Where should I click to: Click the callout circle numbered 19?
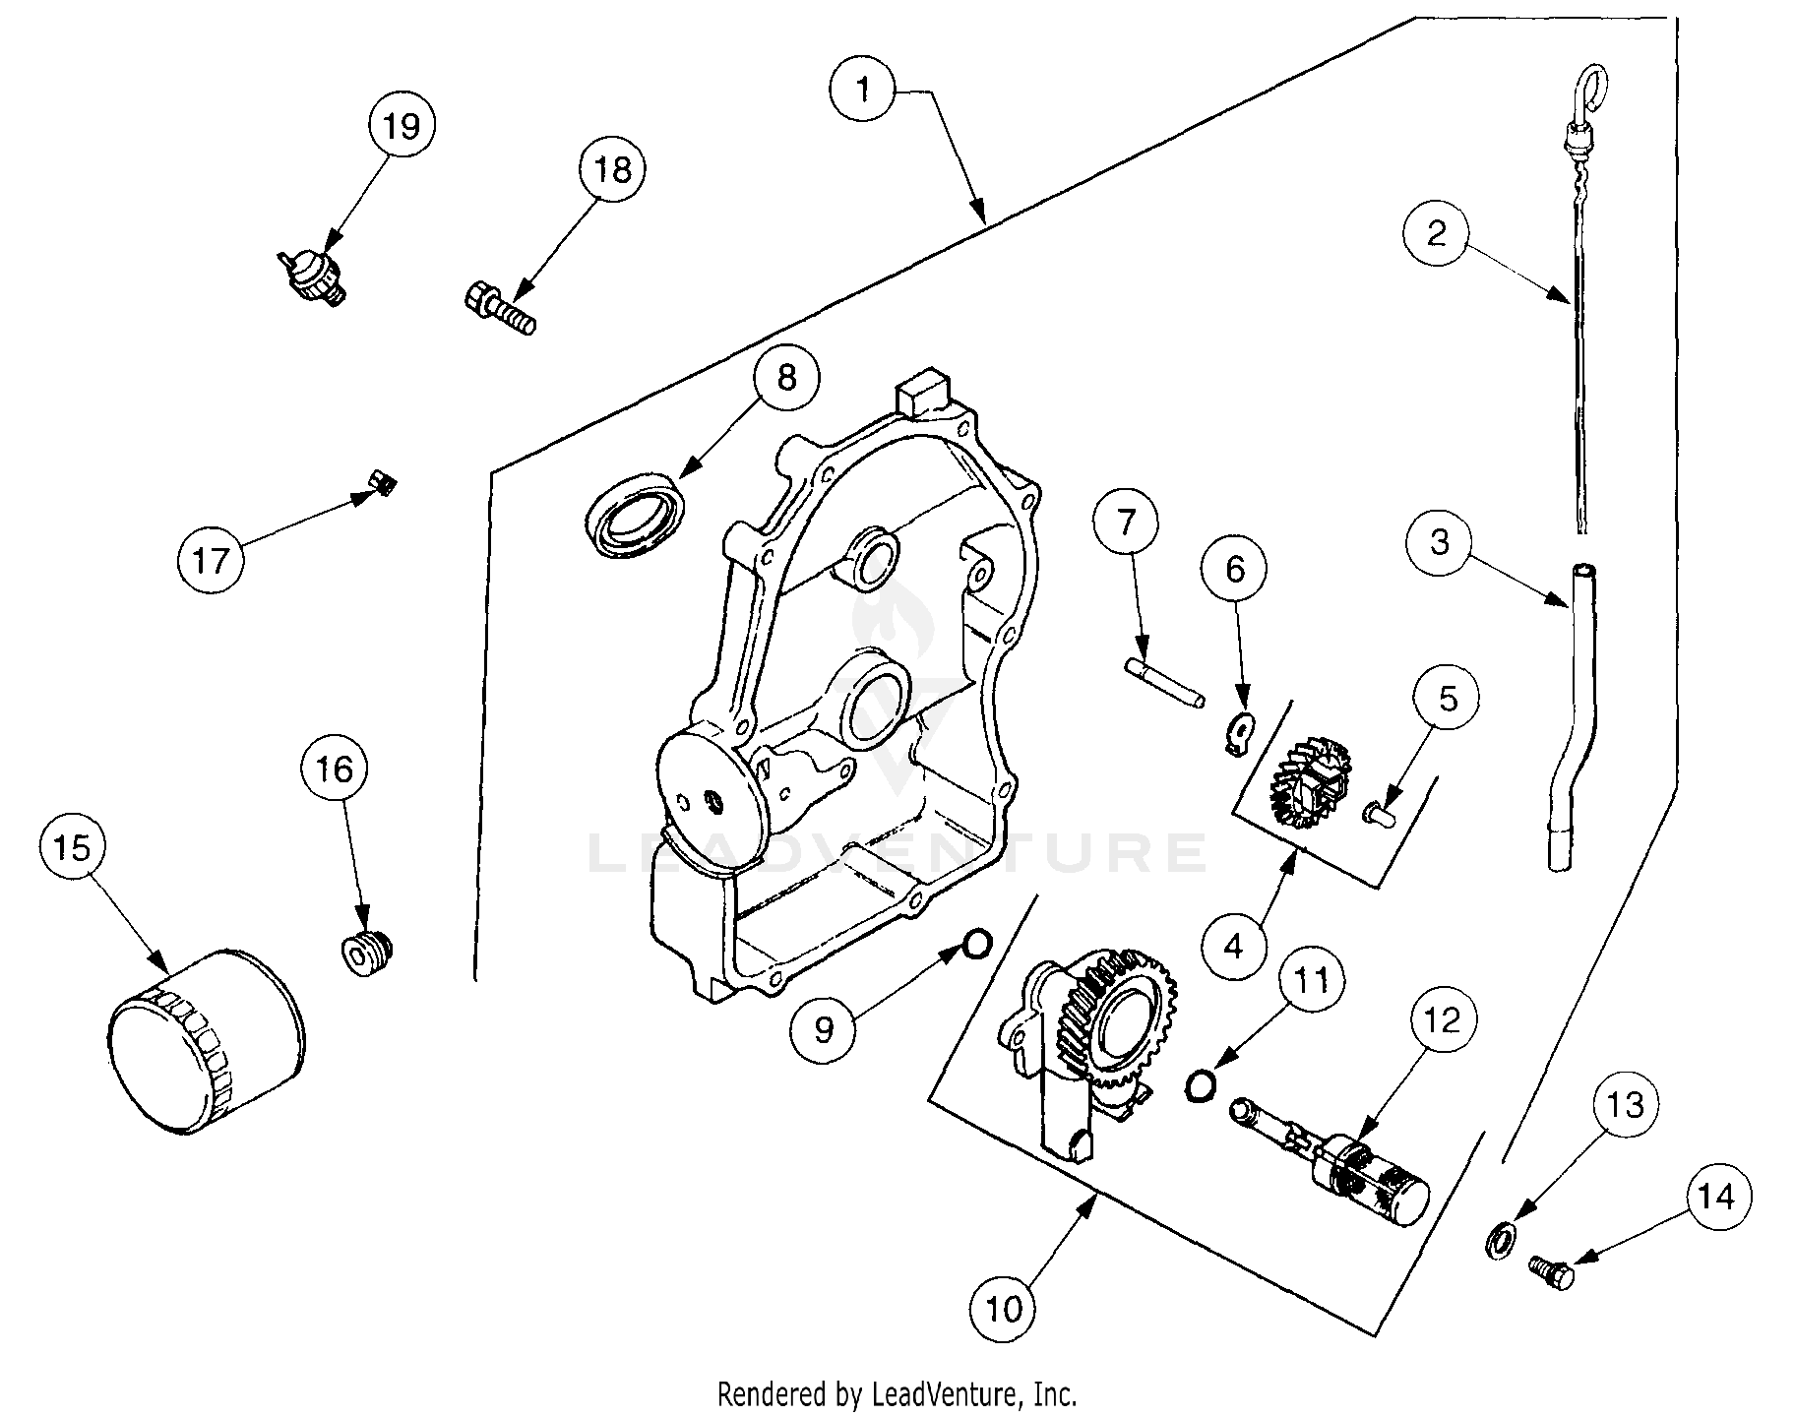click(x=402, y=127)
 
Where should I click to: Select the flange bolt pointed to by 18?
click(x=499, y=307)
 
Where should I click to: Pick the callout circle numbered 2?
click(x=1437, y=233)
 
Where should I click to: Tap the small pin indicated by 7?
click(x=1164, y=683)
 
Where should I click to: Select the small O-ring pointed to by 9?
click(x=975, y=943)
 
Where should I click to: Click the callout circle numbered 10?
click(x=1003, y=1309)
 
